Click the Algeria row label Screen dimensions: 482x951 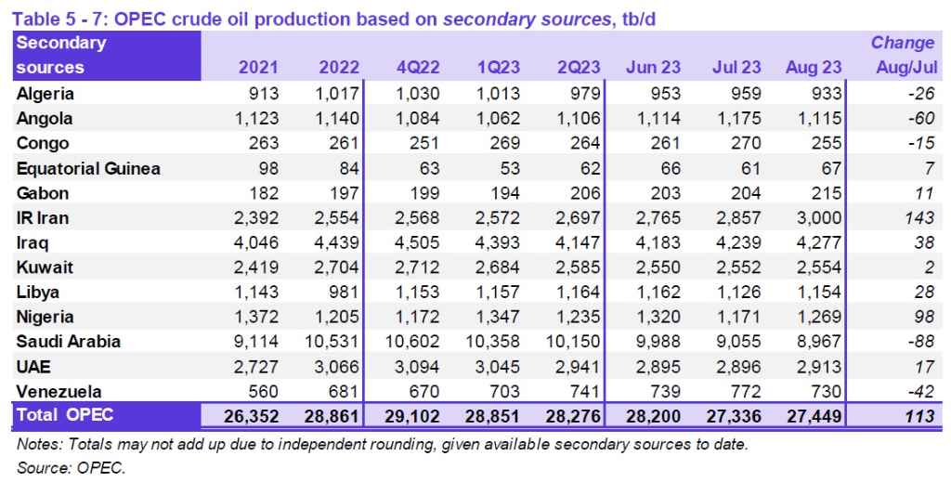click(46, 94)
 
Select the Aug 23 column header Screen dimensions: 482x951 click(814, 68)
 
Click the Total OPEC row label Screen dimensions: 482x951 click(65, 415)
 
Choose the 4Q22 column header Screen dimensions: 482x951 click(419, 68)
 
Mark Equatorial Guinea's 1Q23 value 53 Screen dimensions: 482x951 click(510, 168)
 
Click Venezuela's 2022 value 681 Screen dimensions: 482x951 click(342, 391)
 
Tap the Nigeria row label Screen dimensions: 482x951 click(45, 317)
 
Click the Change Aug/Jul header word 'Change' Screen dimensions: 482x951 click(902, 43)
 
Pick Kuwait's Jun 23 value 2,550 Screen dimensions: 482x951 click(656, 267)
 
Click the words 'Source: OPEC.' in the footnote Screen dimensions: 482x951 click(71, 468)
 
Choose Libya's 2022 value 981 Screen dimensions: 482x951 click(342, 292)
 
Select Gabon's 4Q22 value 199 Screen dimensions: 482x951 click(426, 193)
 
